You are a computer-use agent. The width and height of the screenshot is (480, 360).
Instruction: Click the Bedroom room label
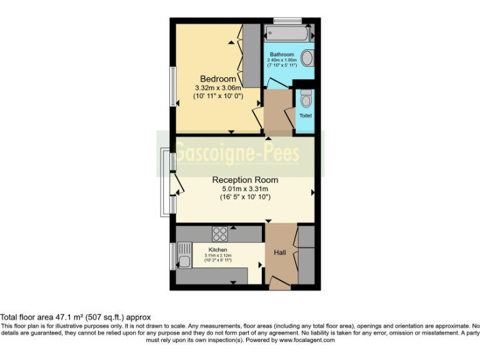tap(218, 79)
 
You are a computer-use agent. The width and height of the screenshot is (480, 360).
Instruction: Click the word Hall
tap(280, 252)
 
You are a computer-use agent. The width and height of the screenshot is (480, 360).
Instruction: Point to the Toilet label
tap(305, 116)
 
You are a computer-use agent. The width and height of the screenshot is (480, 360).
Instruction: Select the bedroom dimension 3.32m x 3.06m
tap(218, 88)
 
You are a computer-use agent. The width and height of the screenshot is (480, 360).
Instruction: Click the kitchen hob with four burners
tap(220, 234)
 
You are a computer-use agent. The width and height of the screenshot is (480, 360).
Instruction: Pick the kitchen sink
tap(184, 261)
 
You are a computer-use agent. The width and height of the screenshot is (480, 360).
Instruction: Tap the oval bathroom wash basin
tap(307, 59)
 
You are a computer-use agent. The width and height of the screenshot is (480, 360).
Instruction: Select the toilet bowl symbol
tap(306, 99)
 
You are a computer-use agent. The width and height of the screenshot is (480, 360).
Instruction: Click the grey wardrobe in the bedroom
tap(251, 55)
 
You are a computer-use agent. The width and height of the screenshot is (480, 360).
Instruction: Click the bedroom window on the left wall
tap(173, 86)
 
